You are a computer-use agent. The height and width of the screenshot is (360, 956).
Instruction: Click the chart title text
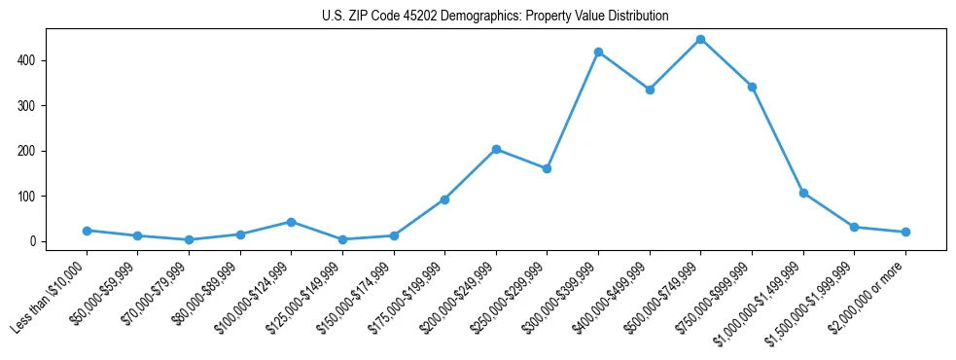(495, 17)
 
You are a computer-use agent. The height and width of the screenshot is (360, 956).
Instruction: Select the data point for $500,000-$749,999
(700, 40)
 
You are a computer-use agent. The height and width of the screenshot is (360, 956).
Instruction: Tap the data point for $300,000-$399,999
(598, 52)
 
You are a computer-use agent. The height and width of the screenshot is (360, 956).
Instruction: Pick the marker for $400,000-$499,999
(650, 90)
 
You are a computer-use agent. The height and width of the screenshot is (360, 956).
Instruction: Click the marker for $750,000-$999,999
(752, 87)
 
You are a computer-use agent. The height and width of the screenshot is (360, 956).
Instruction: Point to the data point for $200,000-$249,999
(496, 149)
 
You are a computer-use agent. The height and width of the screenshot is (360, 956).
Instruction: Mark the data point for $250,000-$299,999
(547, 168)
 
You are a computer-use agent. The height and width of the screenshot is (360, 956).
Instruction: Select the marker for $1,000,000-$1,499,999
(803, 193)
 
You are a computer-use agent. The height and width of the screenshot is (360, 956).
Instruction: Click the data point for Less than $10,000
(87, 231)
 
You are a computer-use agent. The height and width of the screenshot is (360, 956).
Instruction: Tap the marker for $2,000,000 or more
(905, 232)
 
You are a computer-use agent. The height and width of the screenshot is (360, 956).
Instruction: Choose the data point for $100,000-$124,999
(291, 222)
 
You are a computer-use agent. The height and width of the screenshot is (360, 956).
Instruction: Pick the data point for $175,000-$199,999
(444, 199)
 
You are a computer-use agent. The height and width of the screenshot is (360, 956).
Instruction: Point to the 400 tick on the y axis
(34, 60)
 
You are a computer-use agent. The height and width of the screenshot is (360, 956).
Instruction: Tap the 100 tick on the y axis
(34, 196)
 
